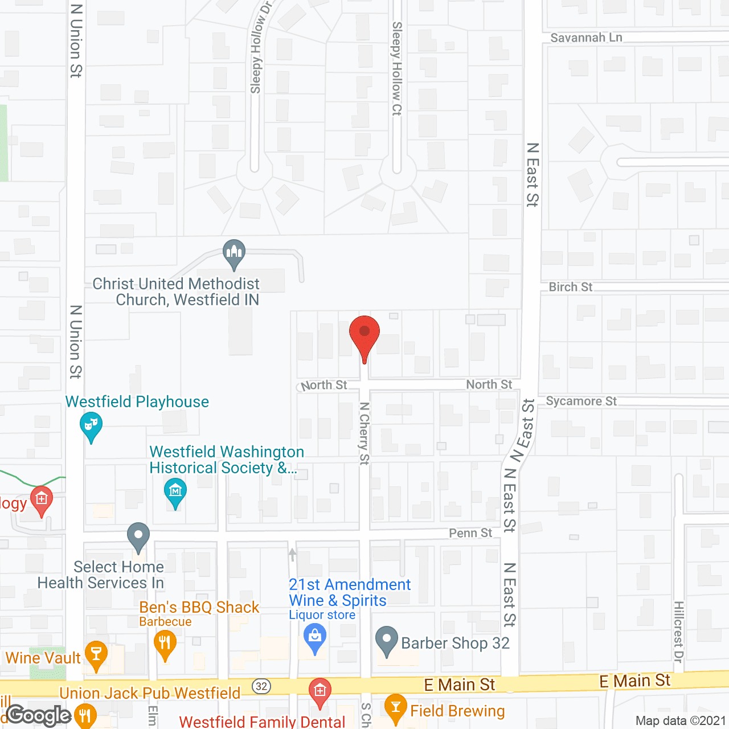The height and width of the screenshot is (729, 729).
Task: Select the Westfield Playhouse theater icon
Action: [91, 426]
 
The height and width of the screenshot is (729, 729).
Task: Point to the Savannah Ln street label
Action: [586, 38]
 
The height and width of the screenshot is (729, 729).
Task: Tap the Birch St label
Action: [570, 287]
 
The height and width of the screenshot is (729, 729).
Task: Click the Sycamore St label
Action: [581, 401]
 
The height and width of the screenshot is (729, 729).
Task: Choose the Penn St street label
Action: [470, 533]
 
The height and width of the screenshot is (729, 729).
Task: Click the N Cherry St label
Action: [364, 433]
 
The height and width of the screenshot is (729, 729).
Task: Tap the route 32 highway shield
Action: [261, 686]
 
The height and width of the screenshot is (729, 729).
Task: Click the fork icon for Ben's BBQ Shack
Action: [165, 644]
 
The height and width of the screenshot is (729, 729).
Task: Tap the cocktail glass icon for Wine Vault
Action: [96, 654]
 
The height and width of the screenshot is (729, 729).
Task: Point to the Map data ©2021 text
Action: [681, 721]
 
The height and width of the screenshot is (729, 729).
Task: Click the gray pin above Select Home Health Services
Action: [138, 536]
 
